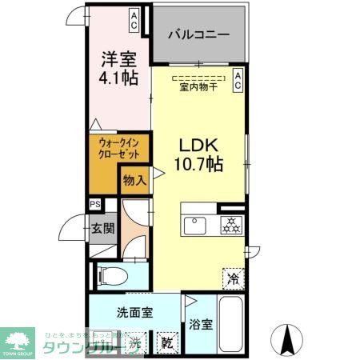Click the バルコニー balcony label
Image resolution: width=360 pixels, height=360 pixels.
click(199, 35)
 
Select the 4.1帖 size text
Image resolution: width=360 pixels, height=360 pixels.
click(118, 78)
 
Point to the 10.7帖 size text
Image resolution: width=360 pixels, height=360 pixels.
click(200, 166)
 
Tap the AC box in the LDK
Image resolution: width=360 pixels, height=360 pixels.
click(238, 78)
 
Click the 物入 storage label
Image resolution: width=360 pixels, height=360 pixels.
click(133, 181)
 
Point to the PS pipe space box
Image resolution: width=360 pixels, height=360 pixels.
click(95, 206)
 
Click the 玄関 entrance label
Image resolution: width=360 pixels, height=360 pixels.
click(102, 228)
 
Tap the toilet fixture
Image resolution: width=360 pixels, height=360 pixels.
click(113, 276)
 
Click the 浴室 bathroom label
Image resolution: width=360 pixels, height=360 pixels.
click(202, 325)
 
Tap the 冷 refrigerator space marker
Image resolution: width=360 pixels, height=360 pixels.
click(234, 278)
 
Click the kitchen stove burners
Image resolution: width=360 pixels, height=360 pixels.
click(231, 225)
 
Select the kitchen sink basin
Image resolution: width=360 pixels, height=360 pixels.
click(197, 225)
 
